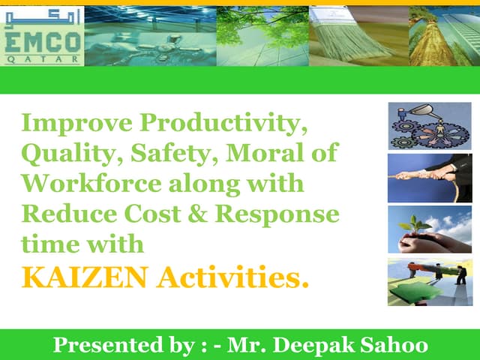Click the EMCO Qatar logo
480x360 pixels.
42,36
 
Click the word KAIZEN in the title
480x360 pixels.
85,277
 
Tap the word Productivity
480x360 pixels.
223,123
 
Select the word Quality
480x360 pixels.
73,154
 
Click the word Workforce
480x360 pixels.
91,183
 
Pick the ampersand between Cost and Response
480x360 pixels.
197,214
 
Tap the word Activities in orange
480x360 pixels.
232,277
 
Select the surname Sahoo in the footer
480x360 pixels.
394,345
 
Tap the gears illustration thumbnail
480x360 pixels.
430,126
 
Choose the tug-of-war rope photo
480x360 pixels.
430,178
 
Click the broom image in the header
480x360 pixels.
359,36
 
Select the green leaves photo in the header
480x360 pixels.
263,36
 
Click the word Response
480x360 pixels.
277,215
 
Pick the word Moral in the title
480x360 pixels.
265,152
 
